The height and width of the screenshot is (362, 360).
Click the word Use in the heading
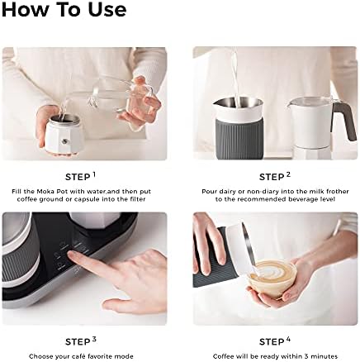(x=107, y=9)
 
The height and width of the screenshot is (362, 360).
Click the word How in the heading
(x=22, y=9)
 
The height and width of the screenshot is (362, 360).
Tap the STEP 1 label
(x=80, y=177)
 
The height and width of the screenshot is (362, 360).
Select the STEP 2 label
(x=274, y=177)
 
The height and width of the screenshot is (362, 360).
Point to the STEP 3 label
(x=81, y=341)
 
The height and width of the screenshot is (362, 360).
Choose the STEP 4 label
(x=275, y=341)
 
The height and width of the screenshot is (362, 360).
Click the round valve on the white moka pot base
(x=64, y=141)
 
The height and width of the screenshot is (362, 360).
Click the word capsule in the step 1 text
(x=84, y=199)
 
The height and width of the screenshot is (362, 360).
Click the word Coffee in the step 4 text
(x=224, y=356)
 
